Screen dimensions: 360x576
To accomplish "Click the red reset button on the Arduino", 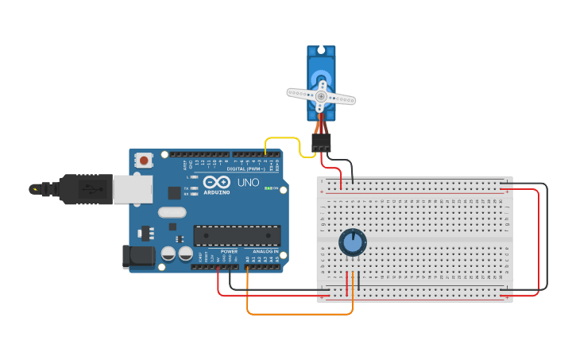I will [x=144, y=161].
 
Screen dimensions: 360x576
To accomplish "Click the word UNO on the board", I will [x=249, y=183].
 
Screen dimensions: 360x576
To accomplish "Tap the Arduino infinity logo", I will [x=217, y=182].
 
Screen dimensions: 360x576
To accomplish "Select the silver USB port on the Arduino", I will [x=132, y=189].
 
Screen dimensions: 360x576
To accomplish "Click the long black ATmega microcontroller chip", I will [x=237, y=235].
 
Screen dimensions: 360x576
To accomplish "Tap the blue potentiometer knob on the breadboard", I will [x=352, y=242].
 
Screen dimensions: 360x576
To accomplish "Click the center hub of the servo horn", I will [x=321, y=96].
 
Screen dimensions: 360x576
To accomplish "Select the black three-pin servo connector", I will [x=321, y=142].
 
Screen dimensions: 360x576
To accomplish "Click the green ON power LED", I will [x=269, y=188].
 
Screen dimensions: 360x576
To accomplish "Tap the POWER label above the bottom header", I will [x=229, y=251].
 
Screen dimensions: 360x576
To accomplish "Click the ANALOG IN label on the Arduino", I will [x=265, y=251].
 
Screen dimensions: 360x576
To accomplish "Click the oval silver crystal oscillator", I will [x=172, y=212].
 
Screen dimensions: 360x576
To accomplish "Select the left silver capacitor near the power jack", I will [x=168, y=254].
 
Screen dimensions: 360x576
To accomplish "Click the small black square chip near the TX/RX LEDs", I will [x=174, y=192].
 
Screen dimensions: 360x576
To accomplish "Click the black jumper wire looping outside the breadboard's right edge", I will [x=547, y=238].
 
